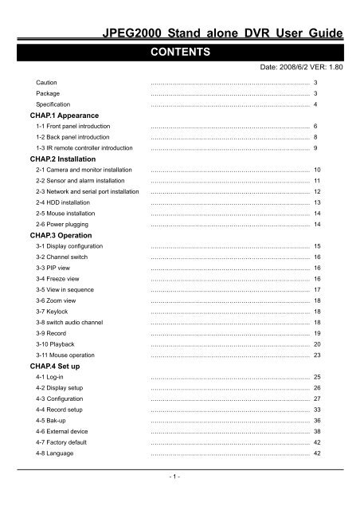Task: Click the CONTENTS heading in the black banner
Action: (x=180, y=53)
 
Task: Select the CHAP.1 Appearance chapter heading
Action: (x=62, y=116)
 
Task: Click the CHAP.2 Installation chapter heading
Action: (x=61, y=159)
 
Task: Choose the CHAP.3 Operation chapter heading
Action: (x=60, y=236)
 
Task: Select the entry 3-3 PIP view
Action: (x=48, y=269)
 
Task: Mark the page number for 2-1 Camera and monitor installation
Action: (x=316, y=171)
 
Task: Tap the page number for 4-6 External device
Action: (x=316, y=430)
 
